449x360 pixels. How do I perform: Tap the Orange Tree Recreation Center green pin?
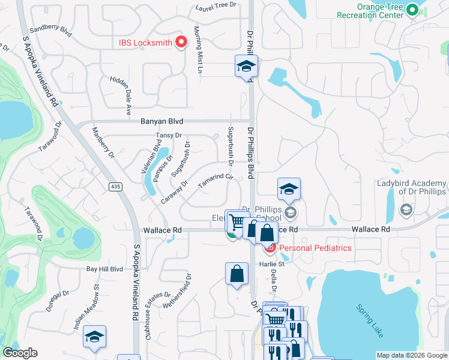412,10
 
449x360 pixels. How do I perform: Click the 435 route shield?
116,187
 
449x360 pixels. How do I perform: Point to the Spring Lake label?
368,320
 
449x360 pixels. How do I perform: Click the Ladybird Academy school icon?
405,209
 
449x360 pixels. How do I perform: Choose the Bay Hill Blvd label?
104,269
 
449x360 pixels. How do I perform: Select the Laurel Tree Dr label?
216,8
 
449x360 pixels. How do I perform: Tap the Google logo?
20,353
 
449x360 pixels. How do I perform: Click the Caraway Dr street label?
174,192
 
